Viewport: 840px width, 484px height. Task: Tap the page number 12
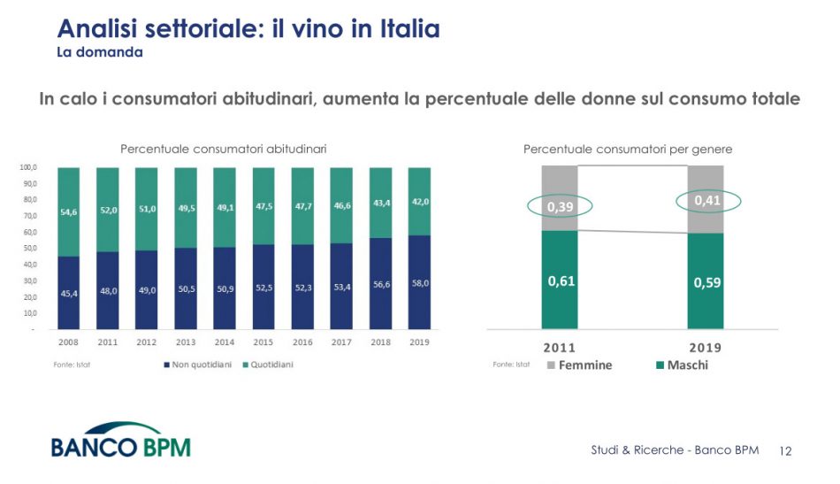pyautogui.click(x=785, y=450)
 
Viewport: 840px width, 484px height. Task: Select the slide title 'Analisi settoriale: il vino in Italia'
pyautogui.click(x=248, y=29)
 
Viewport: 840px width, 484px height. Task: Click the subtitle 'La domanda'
pyautogui.click(x=99, y=52)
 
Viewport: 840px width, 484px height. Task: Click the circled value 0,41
pyautogui.click(x=708, y=201)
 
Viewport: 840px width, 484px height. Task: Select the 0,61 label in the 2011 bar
pyautogui.click(x=561, y=280)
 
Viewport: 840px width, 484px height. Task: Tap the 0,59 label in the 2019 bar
pyautogui.click(x=706, y=283)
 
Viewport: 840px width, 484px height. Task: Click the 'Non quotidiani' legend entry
pyautogui.click(x=196, y=365)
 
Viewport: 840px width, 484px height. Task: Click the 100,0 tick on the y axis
pyautogui.click(x=27, y=167)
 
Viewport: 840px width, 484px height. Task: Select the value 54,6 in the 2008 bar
pyautogui.click(x=70, y=212)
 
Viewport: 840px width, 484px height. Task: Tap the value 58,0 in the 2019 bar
pyautogui.click(x=420, y=283)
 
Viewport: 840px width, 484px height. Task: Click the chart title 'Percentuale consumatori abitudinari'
pyautogui.click(x=223, y=149)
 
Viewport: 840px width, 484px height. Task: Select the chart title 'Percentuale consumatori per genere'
pyautogui.click(x=628, y=149)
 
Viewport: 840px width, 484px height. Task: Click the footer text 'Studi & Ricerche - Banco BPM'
pyautogui.click(x=675, y=450)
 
